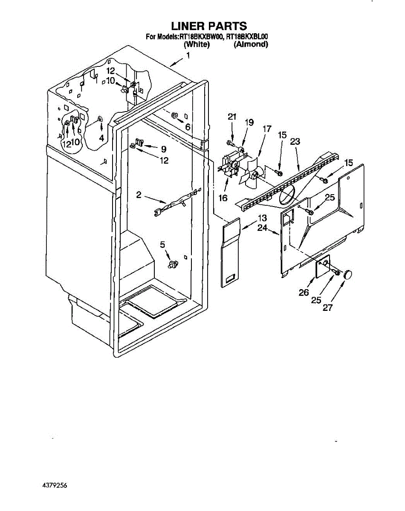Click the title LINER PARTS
(x=209, y=26)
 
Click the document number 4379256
(x=55, y=485)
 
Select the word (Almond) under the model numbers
(x=251, y=44)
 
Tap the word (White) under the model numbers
(x=197, y=44)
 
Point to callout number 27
(x=327, y=308)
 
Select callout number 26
(x=304, y=293)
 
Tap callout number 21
(x=232, y=117)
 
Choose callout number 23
(x=295, y=141)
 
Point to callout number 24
(x=262, y=228)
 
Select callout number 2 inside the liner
(x=139, y=195)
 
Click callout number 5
(x=162, y=244)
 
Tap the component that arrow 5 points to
(x=174, y=264)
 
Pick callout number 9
(x=163, y=149)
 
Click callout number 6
(x=188, y=127)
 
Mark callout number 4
(x=101, y=138)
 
